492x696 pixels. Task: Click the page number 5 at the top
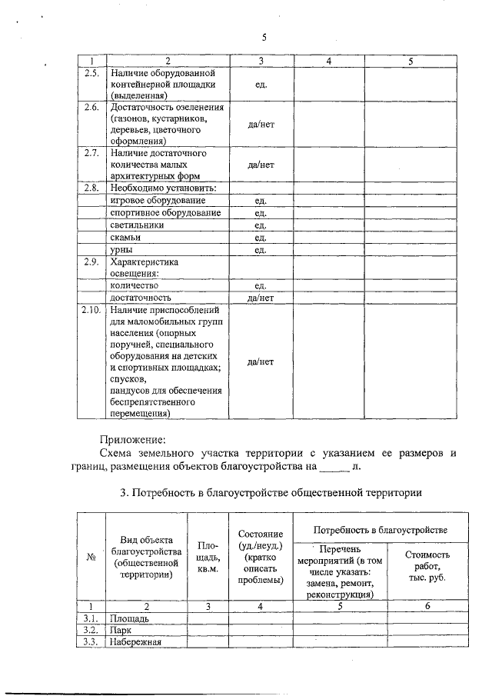coord(263,38)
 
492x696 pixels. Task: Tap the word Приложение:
coord(132,439)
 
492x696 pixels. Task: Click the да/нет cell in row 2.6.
coord(261,124)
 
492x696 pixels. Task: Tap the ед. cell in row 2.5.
coord(261,84)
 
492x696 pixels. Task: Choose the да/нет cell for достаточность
coord(261,296)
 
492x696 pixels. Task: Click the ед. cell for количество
coord(261,285)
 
